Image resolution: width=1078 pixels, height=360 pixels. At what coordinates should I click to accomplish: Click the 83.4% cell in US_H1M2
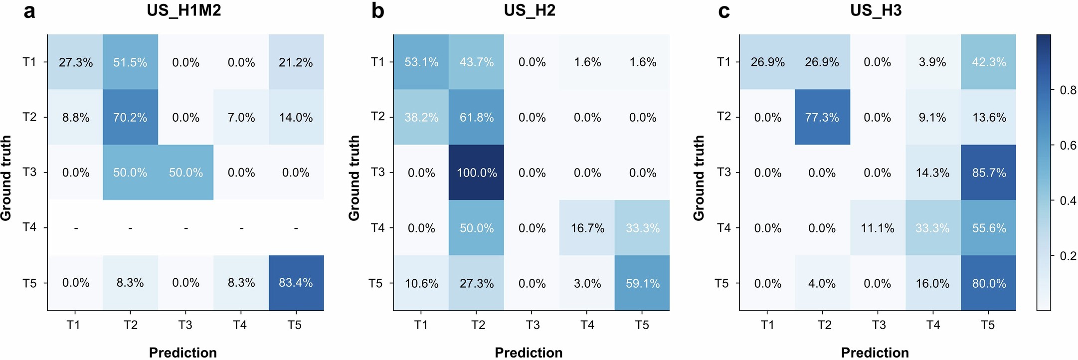click(296, 283)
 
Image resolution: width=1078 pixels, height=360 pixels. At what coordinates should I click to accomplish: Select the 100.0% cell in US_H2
click(477, 173)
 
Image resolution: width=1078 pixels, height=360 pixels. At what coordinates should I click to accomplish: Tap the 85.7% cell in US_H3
click(989, 173)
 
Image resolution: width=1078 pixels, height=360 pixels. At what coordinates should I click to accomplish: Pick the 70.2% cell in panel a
click(130, 117)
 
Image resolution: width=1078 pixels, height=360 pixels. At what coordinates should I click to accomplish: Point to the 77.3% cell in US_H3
click(822, 117)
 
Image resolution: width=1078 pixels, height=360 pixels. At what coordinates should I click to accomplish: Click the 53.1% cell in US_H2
click(421, 62)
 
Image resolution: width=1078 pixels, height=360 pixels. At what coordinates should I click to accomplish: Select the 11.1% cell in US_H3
click(877, 228)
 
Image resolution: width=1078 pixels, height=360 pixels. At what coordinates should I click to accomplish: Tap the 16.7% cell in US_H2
click(587, 228)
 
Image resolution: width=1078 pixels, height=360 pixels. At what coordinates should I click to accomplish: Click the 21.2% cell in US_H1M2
click(296, 62)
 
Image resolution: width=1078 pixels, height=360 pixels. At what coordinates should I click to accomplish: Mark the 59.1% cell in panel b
click(643, 283)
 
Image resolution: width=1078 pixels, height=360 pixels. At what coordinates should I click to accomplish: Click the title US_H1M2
click(183, 10)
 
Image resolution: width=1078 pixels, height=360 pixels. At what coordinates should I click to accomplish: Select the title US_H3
click(876, 10)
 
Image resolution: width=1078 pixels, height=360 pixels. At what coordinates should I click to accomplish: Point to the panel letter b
click(377, 11)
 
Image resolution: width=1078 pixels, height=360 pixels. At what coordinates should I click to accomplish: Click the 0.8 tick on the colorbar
click(1068, 90)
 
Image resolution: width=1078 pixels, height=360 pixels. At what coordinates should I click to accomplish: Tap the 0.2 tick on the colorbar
click(1068, 256)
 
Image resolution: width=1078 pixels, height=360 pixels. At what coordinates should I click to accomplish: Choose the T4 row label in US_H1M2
click(29, 227)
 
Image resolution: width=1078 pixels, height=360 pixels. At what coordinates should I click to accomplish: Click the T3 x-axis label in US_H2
click(532, 325)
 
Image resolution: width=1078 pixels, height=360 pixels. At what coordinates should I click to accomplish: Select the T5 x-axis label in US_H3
click(987, 325)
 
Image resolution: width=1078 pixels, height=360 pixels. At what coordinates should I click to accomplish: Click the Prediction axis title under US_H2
click(529, 353)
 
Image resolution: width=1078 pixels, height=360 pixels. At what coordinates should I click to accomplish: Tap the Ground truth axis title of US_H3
click(699, 178)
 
